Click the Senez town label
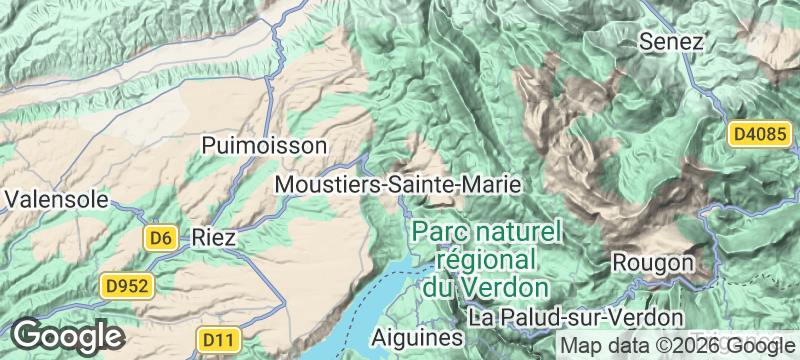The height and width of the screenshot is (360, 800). click(x=671, y=42)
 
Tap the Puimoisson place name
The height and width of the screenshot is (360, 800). click(x=264, y=145)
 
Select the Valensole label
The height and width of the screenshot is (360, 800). click(x=56, y=199)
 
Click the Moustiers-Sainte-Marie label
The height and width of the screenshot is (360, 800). click(x=397, y=185)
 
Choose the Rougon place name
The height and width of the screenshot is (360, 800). click(x=653, y=262)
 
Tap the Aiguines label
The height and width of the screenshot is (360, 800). click(x=418, y=338)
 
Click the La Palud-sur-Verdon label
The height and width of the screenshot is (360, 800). click(x=575, y=318)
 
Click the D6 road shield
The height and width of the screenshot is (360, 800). click(x=161, y=238)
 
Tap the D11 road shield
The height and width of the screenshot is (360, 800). click(x=218, y=340)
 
